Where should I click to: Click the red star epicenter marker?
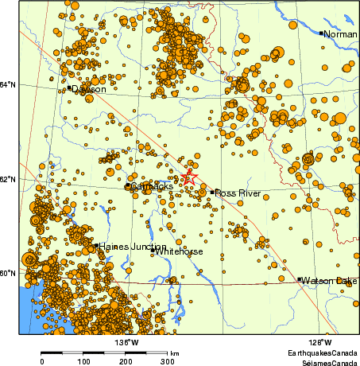tap(188, 177)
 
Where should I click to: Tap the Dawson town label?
tap(89, 90)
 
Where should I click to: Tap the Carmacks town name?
tap(152, 186)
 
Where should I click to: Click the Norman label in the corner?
tap(341, 34)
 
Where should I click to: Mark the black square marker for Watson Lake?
tap(300, 279)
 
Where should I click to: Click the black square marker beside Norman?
tap(321, 33)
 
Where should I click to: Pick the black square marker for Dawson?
tap(69, 88)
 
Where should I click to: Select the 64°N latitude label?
tap(9, 85)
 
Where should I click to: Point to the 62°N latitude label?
tap(9, 179)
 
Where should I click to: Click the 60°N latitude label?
tap(9, 273)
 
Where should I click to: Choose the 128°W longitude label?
tap(321, 343)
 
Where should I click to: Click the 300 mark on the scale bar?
tap(168, 361)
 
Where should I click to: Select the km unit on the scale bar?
tap(174, 353)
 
